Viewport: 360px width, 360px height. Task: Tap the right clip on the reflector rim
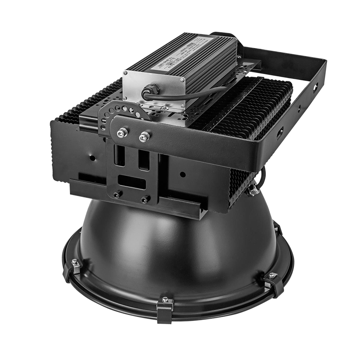tap(272, 281)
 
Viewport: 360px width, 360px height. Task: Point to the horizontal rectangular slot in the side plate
tap(131, 182)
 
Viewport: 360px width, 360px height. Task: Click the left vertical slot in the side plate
tap(120, 156)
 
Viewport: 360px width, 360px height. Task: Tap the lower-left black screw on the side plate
tap(117, 194)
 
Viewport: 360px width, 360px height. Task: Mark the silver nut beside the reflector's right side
tap(253, 191)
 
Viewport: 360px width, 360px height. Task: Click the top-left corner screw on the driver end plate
tap(126, 72)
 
